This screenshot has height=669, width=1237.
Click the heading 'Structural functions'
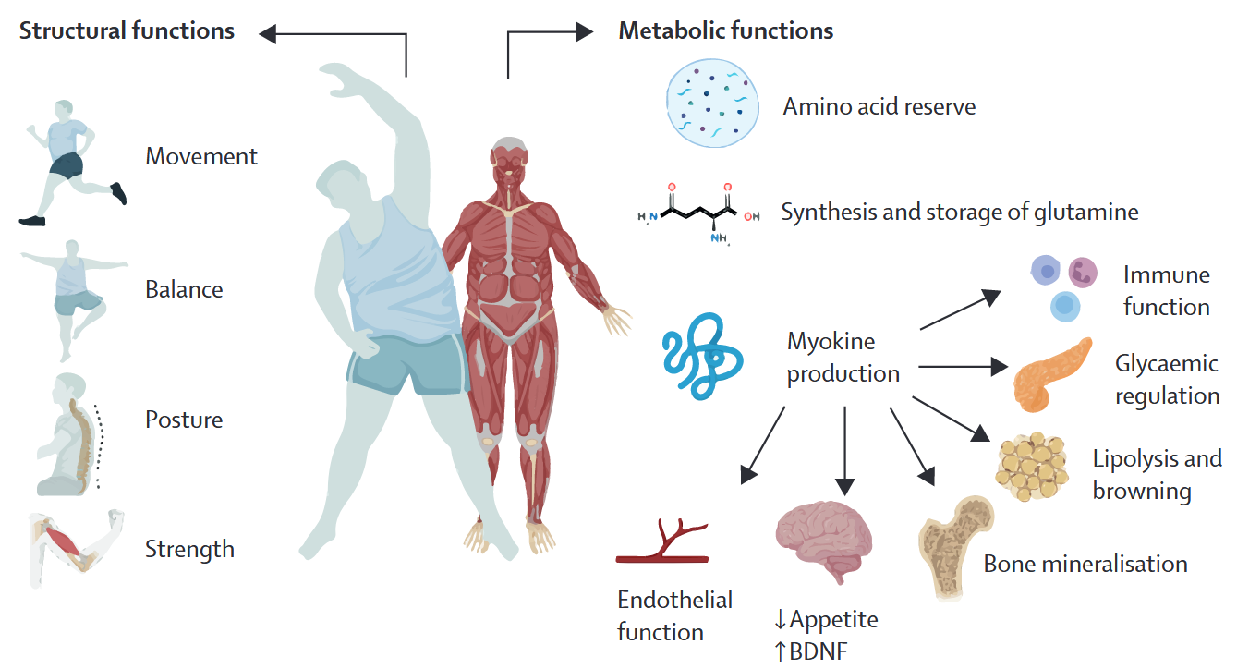click(x=127, y=30)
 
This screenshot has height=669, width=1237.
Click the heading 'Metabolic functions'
click(x=725, y=30)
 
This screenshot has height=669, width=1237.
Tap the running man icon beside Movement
click(x=72, y=163)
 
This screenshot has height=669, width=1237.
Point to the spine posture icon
click(x=70, y=434)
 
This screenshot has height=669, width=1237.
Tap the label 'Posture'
click(x=184, y=420)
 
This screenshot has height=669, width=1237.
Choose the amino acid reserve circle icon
click(x=712, y=103)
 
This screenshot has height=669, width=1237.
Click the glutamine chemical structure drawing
click(x=699, y=213)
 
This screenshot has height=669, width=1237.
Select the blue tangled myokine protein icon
click(x=702, y=357)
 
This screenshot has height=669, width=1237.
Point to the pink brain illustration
click(x=824, y=540)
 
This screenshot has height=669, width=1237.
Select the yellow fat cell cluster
click(x=1032, y=467)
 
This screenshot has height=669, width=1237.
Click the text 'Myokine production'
click(x=843, y=358)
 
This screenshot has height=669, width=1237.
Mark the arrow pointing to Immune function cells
click(x=961, y=310)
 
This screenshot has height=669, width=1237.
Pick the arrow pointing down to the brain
click(x=845, y=451)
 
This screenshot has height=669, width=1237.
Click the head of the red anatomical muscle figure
click(x=509, y=159)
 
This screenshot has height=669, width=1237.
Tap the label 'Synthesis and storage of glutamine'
click(x=960, y=213)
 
